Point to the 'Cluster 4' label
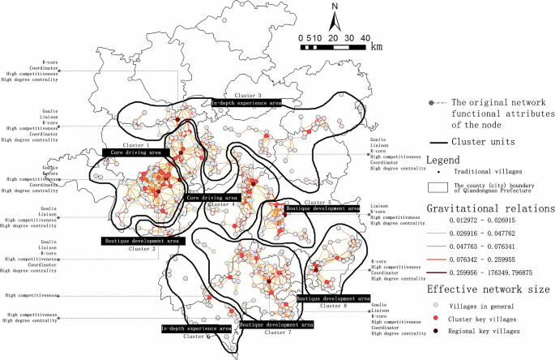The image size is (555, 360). pos(220,205)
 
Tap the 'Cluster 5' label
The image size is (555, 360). pos(318,201)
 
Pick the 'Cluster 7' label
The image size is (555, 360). pos(276,332)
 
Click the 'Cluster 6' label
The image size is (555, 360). pos(196,336)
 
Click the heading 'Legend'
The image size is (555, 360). pos(443,161)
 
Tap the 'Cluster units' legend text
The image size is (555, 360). pos(489,142)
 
